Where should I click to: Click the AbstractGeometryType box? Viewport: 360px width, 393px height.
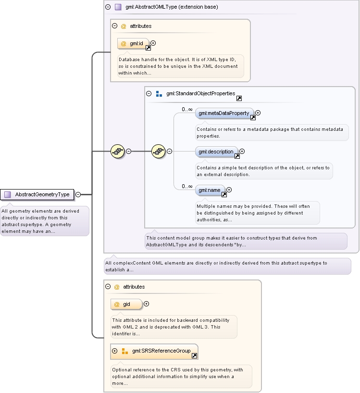(37, 194)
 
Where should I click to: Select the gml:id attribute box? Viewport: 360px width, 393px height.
(133, 44)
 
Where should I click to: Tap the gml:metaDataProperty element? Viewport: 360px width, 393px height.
(224, 114)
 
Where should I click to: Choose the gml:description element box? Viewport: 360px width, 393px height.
(216, 152)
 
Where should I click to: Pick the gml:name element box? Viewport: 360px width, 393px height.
(210, 190)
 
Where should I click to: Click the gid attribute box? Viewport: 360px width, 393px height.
(126, 304)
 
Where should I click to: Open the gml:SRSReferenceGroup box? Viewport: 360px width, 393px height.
(154, 352)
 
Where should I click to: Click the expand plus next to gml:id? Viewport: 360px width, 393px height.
(153, 43)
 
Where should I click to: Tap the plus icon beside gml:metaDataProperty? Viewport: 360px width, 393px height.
(258, 113)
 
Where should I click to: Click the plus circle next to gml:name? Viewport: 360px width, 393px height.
(229, 190)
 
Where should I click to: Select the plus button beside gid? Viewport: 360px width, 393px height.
(146, 304)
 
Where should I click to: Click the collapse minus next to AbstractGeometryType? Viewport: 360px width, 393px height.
(78, 194)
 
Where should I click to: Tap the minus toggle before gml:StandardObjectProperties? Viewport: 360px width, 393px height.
(149, 93)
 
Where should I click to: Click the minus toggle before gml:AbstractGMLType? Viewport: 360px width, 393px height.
(108, 7)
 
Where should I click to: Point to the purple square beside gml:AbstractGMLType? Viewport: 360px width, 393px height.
(118, 7)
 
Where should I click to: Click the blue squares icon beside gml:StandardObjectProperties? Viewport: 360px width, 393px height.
(159, 94)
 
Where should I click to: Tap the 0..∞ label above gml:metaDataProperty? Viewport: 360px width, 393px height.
(187, 109)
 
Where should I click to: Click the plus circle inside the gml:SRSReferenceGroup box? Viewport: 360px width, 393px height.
(115, 351)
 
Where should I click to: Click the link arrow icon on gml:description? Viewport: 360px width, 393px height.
(237, 156)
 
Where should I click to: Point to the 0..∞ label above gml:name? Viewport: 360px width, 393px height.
(187, 186)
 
